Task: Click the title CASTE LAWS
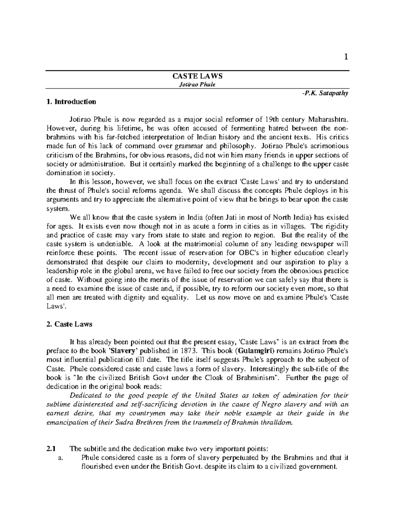pyautogui.click(x=197, y=76)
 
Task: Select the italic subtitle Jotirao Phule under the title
pyautogui.click(x=197, y=85)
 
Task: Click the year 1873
pyautogui.click(x=189, y=351)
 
